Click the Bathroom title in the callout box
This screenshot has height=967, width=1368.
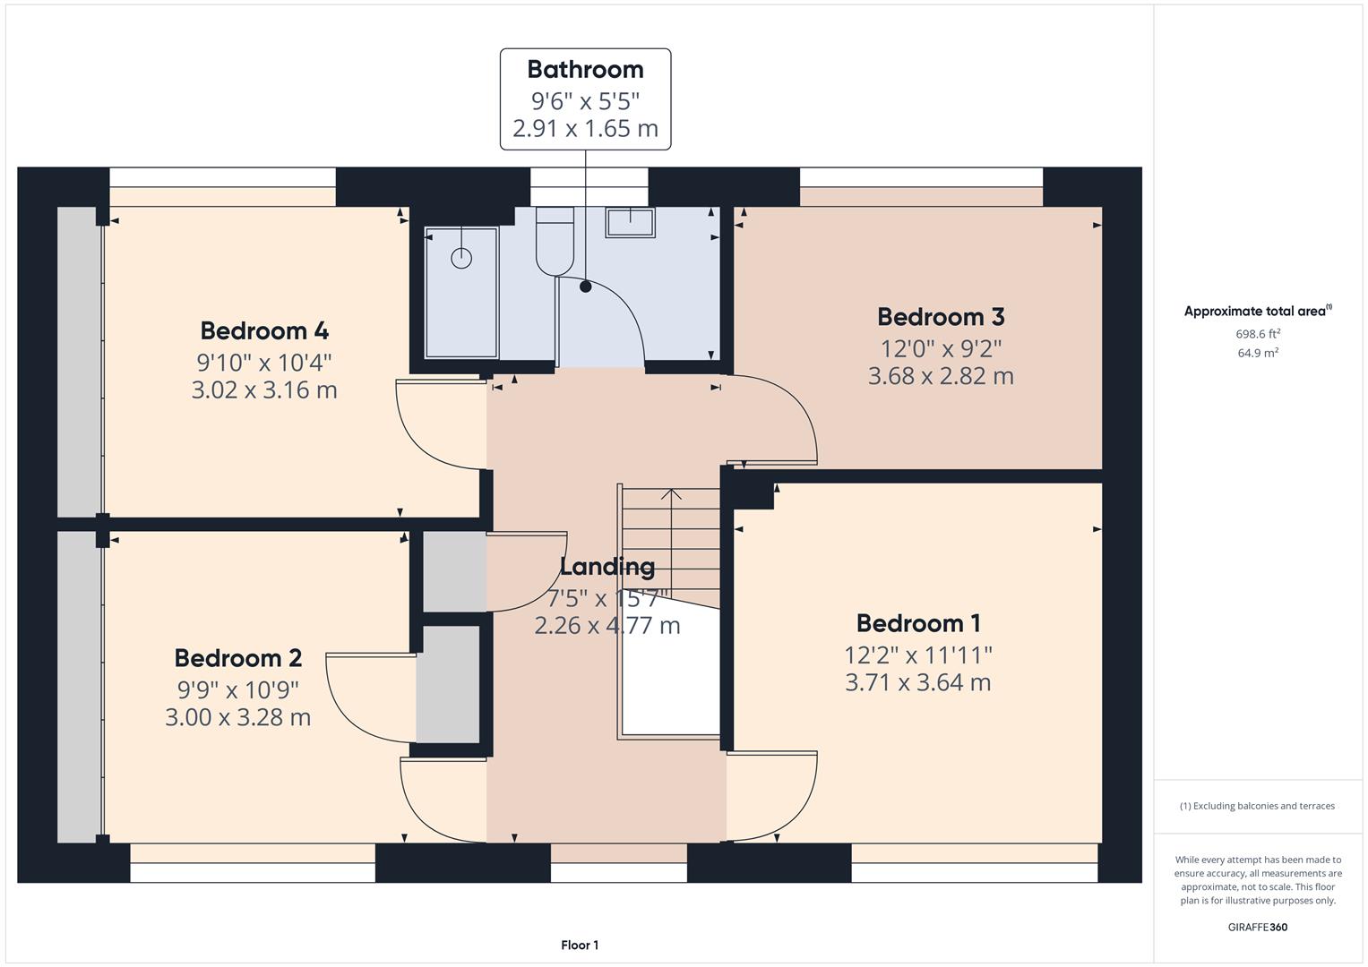tap(585, 70)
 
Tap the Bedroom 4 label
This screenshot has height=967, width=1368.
tap(264, 331)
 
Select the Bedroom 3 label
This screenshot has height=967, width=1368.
tap(941, 317)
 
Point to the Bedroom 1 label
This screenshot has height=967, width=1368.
tap(918, 623)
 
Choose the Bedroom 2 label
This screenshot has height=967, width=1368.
tap(238, 658)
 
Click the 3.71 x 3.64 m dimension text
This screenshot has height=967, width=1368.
tap(918, 683)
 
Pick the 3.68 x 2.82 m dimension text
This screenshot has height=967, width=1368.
tap(941, 376)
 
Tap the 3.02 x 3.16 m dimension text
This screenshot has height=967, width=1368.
tap(264, 390)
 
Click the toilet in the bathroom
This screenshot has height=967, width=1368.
tap(555, 242)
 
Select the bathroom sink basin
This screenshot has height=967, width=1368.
tap(630, 221)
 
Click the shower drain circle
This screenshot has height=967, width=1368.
tap(461, 258)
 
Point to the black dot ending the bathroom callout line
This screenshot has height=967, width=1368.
tap(585, 287)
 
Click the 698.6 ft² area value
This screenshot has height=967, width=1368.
tap(1258, 334)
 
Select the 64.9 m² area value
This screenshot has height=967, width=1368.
tap(1258, 353)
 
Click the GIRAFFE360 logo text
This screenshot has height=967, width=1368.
tap(1258, 928)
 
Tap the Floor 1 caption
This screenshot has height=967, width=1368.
tap(580, 946)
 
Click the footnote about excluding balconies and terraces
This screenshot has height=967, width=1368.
tap(1258, 806)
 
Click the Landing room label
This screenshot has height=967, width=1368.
tap(607, 567)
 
